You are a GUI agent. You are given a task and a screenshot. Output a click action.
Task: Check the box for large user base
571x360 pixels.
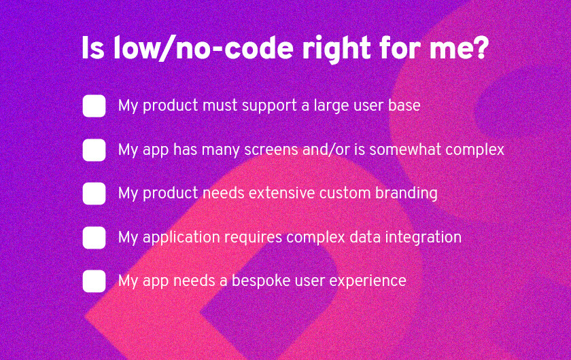click(94, 106)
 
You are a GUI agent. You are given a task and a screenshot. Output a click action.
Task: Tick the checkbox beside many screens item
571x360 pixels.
click(94, 149)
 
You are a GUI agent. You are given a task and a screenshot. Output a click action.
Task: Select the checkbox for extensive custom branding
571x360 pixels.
click(94, 194)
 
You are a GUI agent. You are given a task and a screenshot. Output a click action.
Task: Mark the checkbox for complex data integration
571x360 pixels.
click(94, 237)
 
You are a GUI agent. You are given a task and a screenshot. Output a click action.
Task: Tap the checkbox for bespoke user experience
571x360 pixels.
click(94, 281)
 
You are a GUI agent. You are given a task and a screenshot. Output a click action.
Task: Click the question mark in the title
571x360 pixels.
click(481, 48)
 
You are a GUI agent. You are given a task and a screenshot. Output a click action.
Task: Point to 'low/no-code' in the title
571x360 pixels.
click(203, 48)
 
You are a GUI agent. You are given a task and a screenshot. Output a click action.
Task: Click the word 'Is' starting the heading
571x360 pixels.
click(92, 48)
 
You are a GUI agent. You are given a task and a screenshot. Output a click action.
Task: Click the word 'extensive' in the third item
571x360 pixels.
click(281, 193)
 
